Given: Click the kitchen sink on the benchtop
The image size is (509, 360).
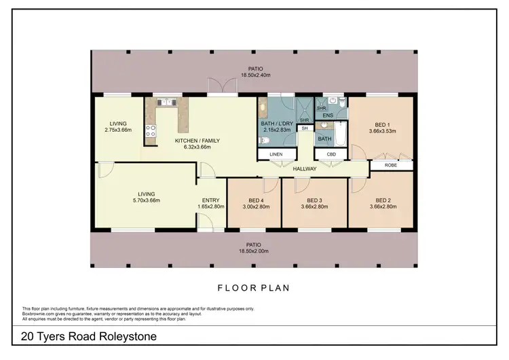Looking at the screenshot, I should coord(166,102).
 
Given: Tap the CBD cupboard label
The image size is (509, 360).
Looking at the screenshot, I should coord(331,154).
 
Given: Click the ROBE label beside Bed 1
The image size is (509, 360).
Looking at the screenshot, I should coord(391,165).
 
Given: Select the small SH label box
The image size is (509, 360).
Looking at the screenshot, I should coord(305,128).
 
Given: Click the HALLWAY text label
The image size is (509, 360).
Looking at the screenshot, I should coord(305,168).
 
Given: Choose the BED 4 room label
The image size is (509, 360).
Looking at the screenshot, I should coord(256,200).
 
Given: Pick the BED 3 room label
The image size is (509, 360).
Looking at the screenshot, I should coord(314,200).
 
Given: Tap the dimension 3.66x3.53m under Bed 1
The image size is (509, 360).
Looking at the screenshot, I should coord(382,132).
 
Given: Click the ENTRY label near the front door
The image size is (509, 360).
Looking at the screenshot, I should coord(208,200).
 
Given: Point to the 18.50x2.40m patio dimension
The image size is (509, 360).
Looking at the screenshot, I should coord(255,76).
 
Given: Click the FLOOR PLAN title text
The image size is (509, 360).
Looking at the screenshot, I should coord(253,288).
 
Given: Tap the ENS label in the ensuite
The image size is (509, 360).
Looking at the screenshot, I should coord(327,116).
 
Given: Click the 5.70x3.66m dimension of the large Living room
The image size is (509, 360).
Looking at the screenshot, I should coord(147,200).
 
